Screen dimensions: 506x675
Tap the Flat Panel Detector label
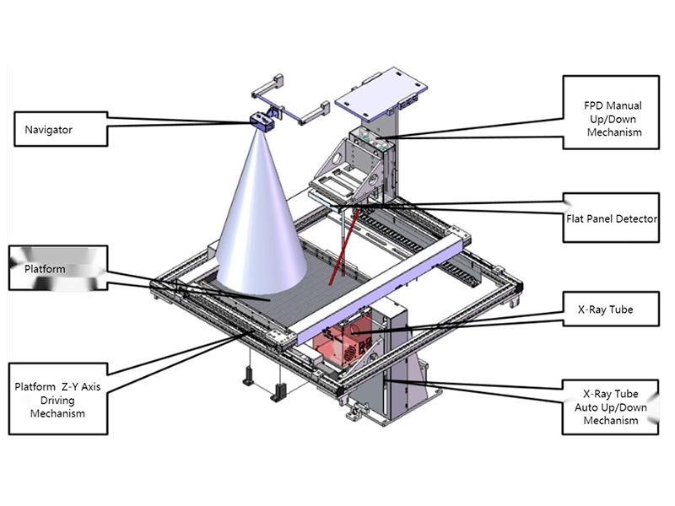(x=611, y=218)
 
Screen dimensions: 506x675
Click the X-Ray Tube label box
(x=605, y=310)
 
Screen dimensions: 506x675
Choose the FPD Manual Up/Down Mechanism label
(x=613, y=119)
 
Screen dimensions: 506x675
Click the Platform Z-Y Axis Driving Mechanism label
(x=57, y=400)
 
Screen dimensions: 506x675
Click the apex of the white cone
(x=259, y=130)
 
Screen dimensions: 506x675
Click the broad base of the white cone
(x=262, y=274)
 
